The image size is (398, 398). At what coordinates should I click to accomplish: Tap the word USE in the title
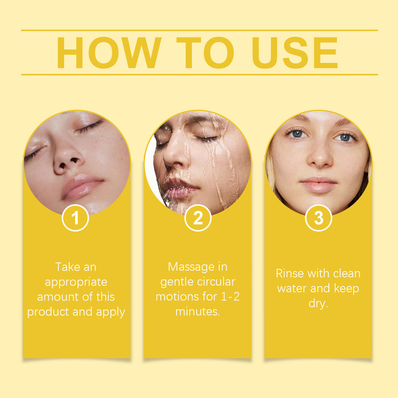295,52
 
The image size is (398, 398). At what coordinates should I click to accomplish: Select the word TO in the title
204,52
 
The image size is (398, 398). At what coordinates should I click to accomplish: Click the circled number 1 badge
76,219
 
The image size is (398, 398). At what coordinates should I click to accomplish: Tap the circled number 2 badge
198,219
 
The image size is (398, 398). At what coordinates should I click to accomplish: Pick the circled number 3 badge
318,219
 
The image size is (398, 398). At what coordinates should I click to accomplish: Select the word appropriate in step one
76,282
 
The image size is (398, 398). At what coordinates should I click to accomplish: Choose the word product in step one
48,312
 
